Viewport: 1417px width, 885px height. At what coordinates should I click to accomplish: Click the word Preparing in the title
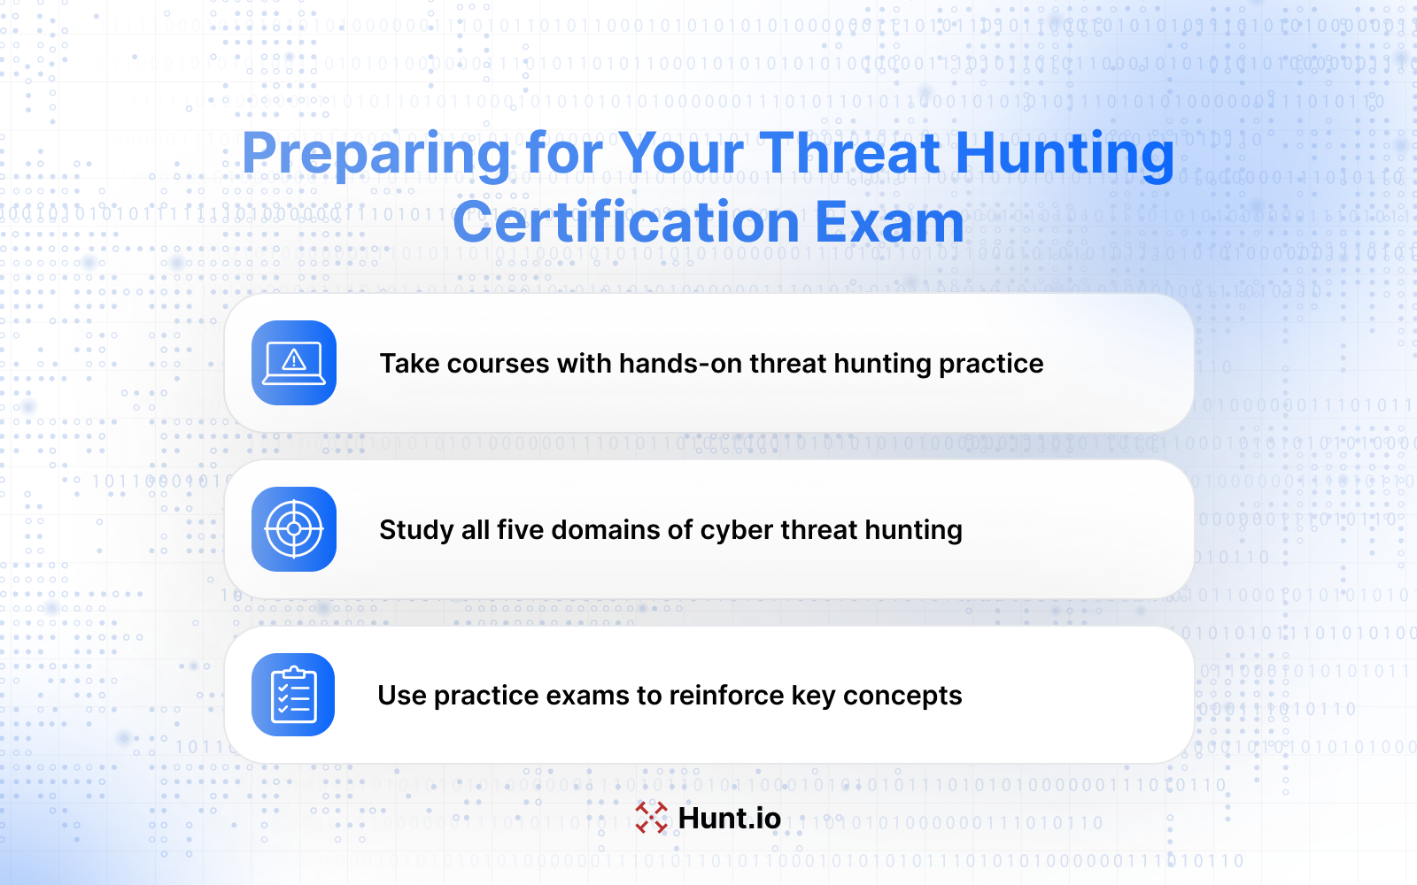[x=376, y=155]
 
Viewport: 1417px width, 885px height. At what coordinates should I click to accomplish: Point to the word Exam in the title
[x=889, y=222]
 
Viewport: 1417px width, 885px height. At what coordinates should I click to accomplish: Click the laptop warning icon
[x=293, y=363]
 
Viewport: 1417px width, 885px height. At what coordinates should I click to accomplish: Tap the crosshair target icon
[x=293, y=529]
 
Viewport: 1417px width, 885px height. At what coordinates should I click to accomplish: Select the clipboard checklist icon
[x=293, y=695]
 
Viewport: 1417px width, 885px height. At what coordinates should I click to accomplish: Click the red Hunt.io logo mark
[x=652, y=818]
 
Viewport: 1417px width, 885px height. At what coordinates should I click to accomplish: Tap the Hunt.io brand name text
[x=730, y=818]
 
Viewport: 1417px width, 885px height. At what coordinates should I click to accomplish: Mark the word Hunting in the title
[x=1065, y=155]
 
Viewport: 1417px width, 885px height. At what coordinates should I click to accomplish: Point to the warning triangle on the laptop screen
[x=293, y=360]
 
